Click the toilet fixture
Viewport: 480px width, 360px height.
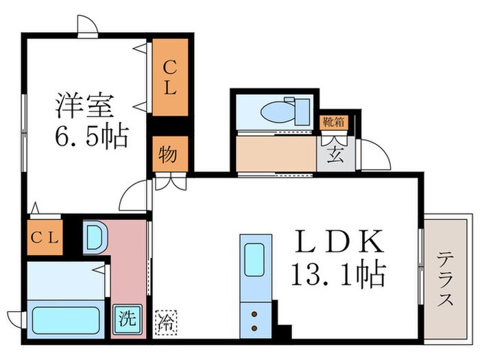pyautogui.click(x=281, y=110)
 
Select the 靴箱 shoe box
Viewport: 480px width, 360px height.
pyautogui.click(x=335, y=123)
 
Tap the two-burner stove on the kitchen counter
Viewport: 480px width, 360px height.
pyautogui.click(x=254, y=318)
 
